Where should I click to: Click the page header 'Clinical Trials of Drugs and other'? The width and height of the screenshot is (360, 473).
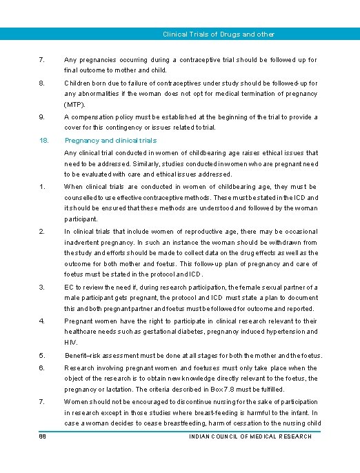[x=218, y=34]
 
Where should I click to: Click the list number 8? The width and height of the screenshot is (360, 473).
[x=43, y=83]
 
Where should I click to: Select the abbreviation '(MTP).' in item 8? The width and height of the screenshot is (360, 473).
[x=75, y=104]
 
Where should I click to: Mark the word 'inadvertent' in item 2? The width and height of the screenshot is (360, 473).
[x=84, y=242]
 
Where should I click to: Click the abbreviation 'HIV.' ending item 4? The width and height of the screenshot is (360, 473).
[x=70, y=342]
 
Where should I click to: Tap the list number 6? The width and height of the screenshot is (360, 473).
[x=43, y=368]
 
